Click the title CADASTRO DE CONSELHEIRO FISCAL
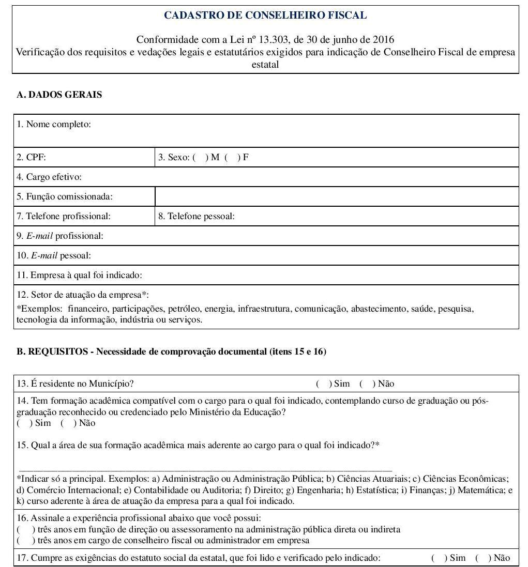(265, 16)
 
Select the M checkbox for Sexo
(200, 158)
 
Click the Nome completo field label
(54, 124)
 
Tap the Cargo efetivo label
(49, 177)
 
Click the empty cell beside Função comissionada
(336, 196)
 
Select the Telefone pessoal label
(197, 217)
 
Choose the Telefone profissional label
(64, 217)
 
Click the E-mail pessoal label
(54, 256)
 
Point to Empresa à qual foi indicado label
(79, 275)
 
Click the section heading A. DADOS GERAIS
(59, 95)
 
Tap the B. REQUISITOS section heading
(171, 352)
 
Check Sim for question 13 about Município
(323, 384)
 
